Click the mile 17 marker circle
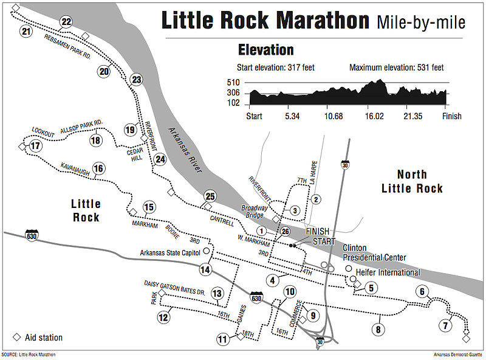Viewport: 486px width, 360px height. pyautogui.click(x=35, y=146)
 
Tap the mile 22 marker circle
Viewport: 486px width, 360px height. pyautogui.click(x=66, y=22)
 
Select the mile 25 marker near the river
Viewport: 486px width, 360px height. pyautogui.click(x=210, y=196)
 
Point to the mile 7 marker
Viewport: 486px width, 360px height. pyautogui.click(x=446, y=325)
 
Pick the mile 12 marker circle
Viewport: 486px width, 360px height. pyautogui.click(x=163, y=316)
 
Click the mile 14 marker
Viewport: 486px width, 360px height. pyautogui.click(x=205, y=269)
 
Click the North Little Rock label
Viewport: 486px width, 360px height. pyautogui.click(x=412, y=180)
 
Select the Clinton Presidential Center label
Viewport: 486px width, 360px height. pyautogui.click(x=374, y=253)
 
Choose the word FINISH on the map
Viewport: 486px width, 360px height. pyautogui.click(x=317, y=232)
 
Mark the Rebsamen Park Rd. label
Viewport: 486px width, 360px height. pyautogui.click(x=67, y=46)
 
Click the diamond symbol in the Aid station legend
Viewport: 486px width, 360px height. pyautogui.click(x=16, y=337)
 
